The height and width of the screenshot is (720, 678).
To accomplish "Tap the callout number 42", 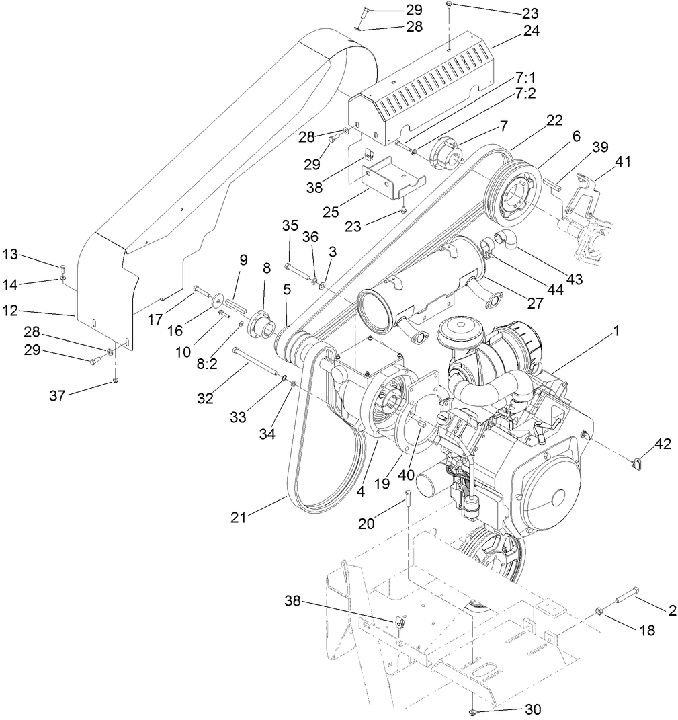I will pos(662,444).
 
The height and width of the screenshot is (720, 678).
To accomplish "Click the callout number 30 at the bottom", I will pos(532,709).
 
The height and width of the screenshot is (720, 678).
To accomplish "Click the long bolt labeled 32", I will pos(259,362).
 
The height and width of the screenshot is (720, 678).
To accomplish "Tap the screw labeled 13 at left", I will pos(62,267).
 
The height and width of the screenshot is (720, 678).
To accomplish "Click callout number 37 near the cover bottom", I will pos(57,396).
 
